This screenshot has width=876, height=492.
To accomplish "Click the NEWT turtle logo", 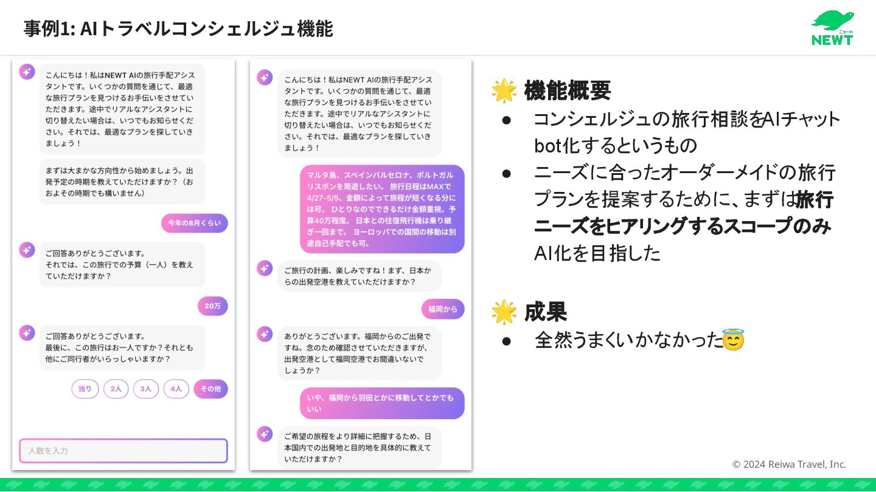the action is click(832, 27).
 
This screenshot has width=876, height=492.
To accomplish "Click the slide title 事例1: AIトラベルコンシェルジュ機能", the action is click(178, 29).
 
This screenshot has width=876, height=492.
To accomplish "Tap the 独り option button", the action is click(85, 389).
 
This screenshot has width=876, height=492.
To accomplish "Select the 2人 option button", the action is click(116, 389).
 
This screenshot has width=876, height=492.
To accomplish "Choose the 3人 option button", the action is click(146, 389).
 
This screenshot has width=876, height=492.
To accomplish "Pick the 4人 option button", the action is click(176, 389).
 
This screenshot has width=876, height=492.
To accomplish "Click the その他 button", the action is click(210, 389).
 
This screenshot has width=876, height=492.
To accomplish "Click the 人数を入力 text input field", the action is click(123, 451).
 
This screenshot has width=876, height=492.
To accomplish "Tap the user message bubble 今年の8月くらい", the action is click(194, 223).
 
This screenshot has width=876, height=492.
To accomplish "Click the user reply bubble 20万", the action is click(212, 306).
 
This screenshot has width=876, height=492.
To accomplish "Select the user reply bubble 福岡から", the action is click(442, 309).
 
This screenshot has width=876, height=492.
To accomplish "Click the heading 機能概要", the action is click(567, 91).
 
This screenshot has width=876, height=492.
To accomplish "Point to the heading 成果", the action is click(545, 312).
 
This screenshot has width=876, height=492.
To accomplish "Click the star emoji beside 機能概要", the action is click(504, 91).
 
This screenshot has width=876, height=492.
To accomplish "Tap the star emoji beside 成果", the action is click(504, 312).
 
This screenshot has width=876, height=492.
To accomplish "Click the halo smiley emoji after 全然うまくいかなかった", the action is click(733, 340).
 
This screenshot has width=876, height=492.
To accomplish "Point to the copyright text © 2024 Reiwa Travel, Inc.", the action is click(789, 464).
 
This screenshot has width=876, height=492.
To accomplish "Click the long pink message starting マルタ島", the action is click(381, 209).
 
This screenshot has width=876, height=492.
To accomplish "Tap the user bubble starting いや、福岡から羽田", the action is click(381, 403).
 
